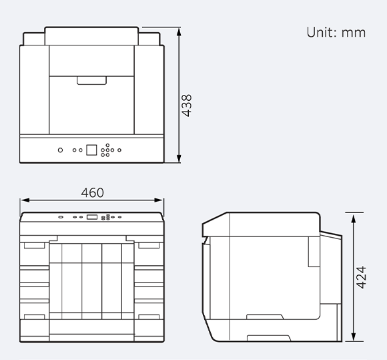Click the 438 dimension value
pos(187,105)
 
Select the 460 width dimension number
pos(92,192)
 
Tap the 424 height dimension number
pos(360,277)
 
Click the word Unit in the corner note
pos(321,32)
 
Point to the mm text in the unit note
pos(354,32)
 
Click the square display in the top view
pos(91,150)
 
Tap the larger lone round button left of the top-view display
pos(61,150)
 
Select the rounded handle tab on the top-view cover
pos(91,80)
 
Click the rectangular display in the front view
pos(91,216)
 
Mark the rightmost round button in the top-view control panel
pos(119,150)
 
